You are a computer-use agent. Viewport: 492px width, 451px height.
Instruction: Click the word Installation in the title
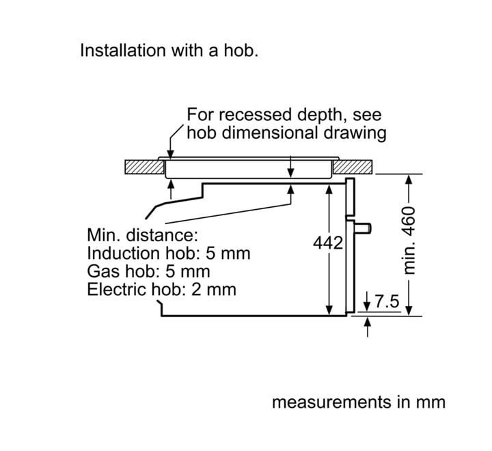coord(123,50)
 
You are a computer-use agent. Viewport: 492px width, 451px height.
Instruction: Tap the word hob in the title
coord(241,50)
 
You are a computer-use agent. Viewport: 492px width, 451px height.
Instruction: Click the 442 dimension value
coord(328,243)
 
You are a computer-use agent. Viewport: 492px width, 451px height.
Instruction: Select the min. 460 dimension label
coord(409,241)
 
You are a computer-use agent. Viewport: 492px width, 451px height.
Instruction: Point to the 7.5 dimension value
coord(387,301)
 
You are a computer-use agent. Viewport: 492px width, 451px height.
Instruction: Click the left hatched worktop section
coord(144,167)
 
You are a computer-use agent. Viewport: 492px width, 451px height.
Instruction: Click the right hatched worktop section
coord(353,167)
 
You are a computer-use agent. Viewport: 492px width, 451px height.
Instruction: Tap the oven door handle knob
coord(364,228)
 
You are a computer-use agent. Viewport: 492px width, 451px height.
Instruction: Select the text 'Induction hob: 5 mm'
coord(169,254)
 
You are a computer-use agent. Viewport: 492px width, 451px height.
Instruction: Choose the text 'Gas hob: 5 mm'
coord(148,271)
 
